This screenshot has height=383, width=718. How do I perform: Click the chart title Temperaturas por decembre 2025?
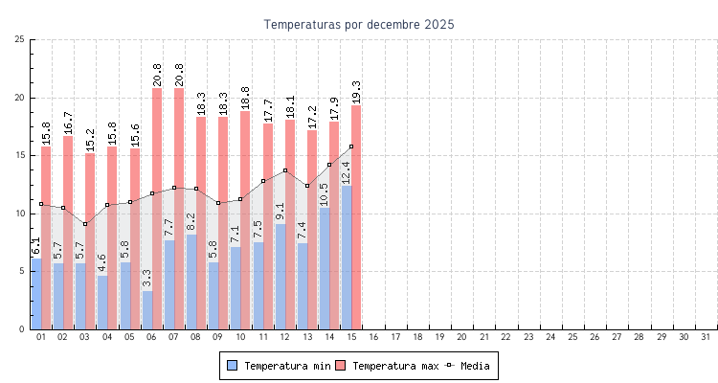tap(359, 24)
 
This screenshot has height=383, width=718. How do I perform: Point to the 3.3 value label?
tap(146, 279)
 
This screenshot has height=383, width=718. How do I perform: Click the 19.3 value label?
tap(356, 92)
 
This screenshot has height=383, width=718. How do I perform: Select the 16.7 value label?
tap(68, 123)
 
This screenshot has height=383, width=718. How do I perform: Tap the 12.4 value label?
tap(346, 172)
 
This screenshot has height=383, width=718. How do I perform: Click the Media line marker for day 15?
tap(351, 146)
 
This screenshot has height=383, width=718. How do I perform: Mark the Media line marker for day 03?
tap(85, 224)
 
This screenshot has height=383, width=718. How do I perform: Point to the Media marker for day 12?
tap(285, 170)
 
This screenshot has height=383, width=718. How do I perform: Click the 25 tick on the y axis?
tap(20, 39)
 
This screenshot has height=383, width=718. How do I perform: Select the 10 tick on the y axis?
tap(20, 214)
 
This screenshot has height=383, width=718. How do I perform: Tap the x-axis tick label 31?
tap(707, 337)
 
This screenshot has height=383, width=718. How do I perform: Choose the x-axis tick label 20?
tap(462, 337)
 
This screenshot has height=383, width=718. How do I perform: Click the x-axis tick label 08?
tap(195, 337)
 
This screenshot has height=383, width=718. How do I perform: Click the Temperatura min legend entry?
tap(279, 366)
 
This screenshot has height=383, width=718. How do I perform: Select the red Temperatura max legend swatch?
tap(340, 366)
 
